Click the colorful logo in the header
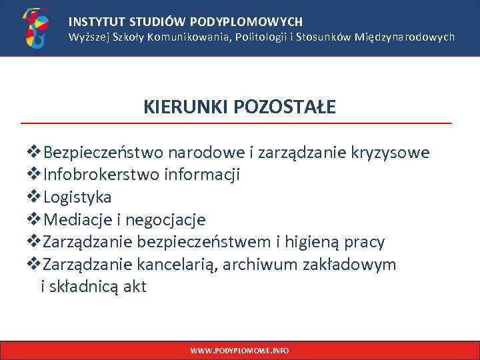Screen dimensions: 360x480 click(35, 28)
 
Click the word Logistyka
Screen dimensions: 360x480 click(77, 197)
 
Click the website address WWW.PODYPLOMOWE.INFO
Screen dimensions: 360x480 click(239, 350)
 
